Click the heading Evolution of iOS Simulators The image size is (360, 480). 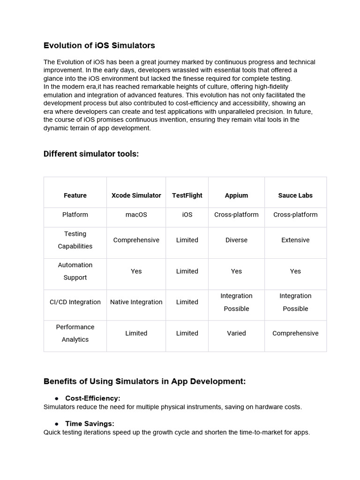[99, 45]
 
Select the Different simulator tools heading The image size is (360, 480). [91, 154]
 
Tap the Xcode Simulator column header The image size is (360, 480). [136, 195]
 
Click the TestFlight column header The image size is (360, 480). [187, 195]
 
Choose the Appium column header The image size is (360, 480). [236, 195]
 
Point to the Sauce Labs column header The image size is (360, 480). [295, 195]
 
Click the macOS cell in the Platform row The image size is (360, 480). [136, 215]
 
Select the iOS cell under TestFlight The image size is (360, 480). [187, 215]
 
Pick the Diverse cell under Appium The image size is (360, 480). [236, 240]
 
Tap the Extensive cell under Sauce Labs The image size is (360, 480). [295, 240]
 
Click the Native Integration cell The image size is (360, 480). [136, 302]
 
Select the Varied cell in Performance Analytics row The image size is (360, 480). [236, 333]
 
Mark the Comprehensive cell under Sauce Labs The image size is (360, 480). [295, 333]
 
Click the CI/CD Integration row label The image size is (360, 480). [75, 302]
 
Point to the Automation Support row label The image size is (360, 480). [75, 271]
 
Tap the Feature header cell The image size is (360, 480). [75, 195]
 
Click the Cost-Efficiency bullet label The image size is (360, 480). [92, 398]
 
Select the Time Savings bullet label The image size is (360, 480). [90, 423]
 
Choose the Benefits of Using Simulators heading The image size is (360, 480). [144, 381]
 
